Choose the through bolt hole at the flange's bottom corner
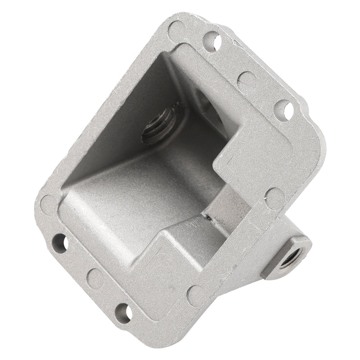[122, 311]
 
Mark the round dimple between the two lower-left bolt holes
[95, 278]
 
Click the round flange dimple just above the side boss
[274, 197]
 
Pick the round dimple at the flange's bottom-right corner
[197, 294]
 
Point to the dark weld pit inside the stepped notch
[210, 217]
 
